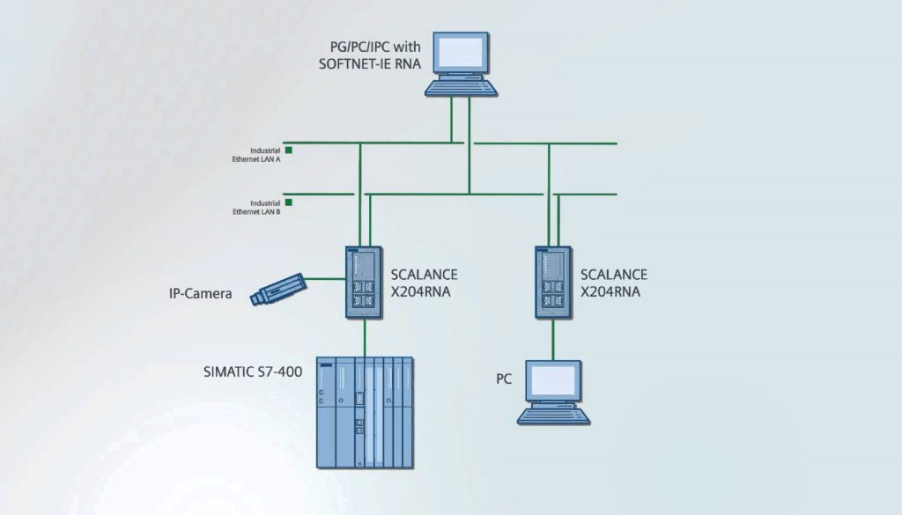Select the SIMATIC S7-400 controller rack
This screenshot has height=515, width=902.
click(364, 413)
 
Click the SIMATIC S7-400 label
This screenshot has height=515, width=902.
click(253, 372)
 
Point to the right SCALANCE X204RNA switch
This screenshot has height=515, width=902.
click(553, 282)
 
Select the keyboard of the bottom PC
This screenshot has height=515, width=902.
click(553, 415)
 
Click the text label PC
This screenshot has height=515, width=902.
click(504, 379)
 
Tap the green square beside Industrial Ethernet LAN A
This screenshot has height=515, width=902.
click(288, 151)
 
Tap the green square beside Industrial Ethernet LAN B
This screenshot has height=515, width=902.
click(288, 202)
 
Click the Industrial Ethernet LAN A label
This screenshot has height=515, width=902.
click(256, 155)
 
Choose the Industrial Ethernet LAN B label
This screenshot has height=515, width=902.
click(256, 207)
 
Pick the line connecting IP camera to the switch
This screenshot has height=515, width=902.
click(326, 280)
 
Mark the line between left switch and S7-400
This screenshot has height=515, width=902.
click(364, 337)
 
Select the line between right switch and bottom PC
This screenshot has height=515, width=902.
click(553, 340)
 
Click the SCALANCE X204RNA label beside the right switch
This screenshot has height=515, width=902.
click(614, 283)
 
